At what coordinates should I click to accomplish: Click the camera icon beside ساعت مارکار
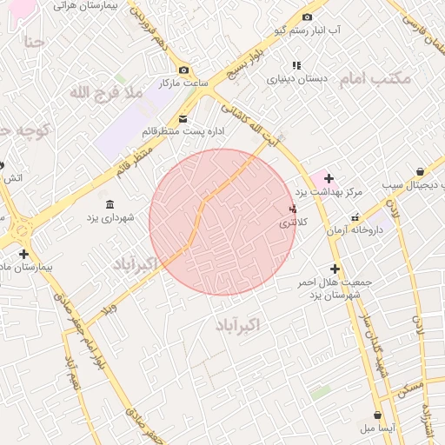pyautogui.click(x=183, y=70)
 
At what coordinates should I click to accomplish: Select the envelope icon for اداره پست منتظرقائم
pyautogui.click(x=183, y=118)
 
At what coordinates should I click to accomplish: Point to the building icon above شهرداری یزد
pyautogui.click(x=110, y=204)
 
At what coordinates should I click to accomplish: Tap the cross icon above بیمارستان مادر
pyautogui.click(x=23, y=255)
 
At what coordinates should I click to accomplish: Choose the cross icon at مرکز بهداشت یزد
pyautogui.click(x=328, y=178)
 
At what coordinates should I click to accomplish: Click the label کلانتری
pyautogui.click(x=293, y=223)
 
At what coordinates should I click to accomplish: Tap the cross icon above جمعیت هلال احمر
pyautogui.click(x=335, y=269)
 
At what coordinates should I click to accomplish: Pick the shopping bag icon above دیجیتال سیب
pyautogui.click(x=421, y=172)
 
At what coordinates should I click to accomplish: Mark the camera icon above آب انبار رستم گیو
pyautogui.click(x=307, y=17)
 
